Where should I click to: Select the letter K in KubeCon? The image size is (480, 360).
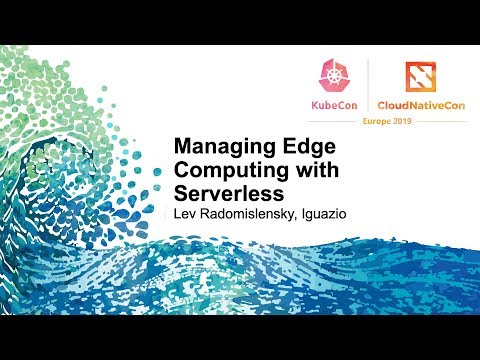pyautogui.click(x=310, y=104)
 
